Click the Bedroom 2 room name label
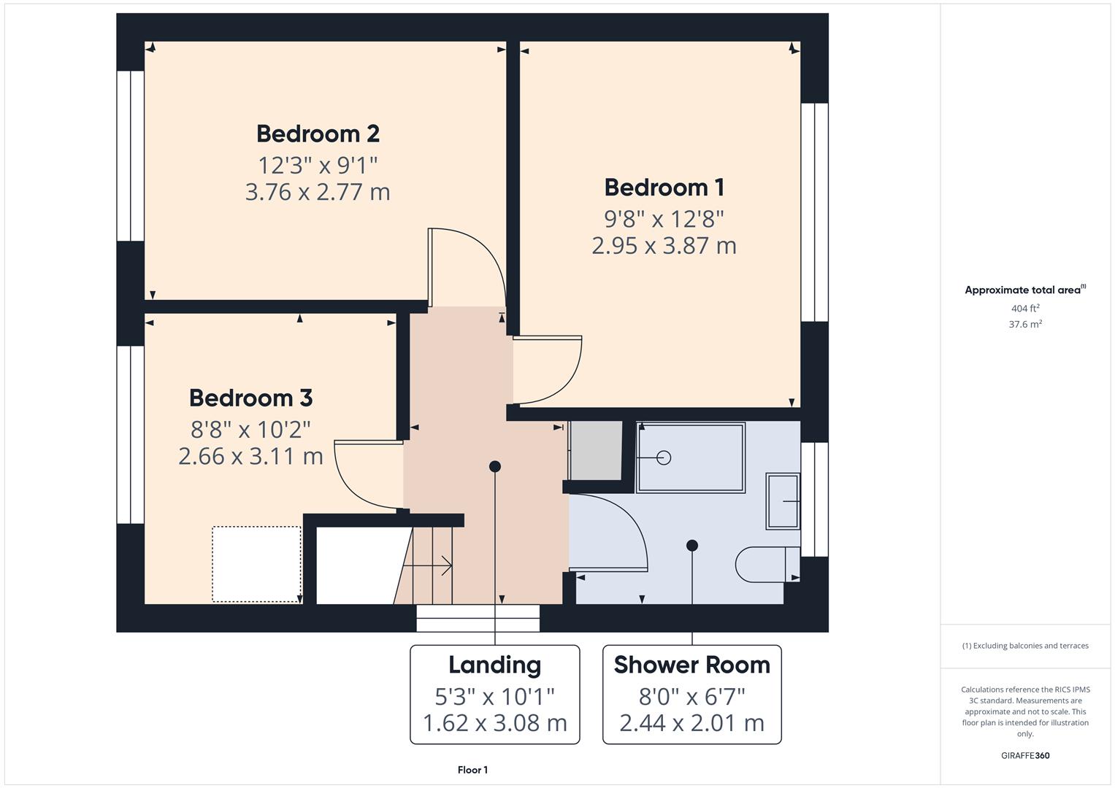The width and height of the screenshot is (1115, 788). pyautogui.click(x=318, y=134)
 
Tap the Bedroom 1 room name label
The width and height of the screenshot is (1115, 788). pyautogui.click(x=664, y=188)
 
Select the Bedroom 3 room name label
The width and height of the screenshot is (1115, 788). pyautogui.click(x=250, y=398)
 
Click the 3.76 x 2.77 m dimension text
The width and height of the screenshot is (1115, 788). pyautogui.click(x=318, y=192)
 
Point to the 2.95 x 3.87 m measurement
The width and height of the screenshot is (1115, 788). pyautogui.click(x=664, y=246)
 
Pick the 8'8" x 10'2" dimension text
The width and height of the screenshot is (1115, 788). pyautogui.click(x=250, y=428)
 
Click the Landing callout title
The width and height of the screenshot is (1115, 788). pyautogui.click(x=494, y=665)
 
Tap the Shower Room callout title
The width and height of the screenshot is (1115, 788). pyautogui.click(x=691, y=665)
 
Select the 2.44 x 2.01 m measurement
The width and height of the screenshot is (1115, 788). pyautogui.click(x=691, y=723)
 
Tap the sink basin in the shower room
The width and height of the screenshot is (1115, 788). pyautogui.click(x=783, y=501)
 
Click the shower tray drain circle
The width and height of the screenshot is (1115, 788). pyautogui.click(x=664, y=458)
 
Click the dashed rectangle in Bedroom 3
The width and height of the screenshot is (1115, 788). pyautogui.click(x=256, y=564)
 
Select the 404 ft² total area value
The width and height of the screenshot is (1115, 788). pyautogui.click(x=1025, y=309)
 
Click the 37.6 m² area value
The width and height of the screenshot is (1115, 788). pyautogui.click(x=1025, y=325)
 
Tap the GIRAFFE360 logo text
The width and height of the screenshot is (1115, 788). pyautogui.click(x=1025, y=756)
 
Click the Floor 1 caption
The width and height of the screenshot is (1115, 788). pyautogui.click(x=472, y=770)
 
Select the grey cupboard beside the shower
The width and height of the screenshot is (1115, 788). pyautogui.click(x=595, y=451)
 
